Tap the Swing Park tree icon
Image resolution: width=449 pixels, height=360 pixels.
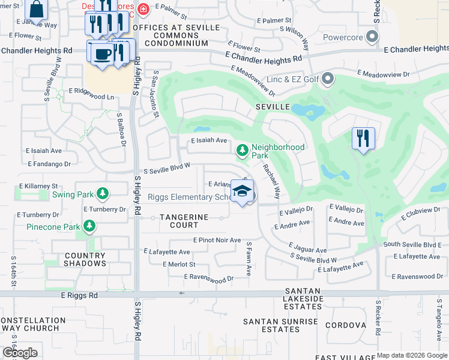point(103,193)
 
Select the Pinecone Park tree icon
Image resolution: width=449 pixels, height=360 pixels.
point(89,226)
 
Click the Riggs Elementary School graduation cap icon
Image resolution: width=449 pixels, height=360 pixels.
point(242,191)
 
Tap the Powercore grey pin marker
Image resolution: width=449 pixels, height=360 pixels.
point(373,37)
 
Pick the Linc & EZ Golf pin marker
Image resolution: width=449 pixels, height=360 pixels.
point(328,78)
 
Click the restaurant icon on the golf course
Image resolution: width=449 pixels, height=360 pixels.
point(363,138)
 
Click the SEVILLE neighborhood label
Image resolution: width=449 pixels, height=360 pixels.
point(273,106)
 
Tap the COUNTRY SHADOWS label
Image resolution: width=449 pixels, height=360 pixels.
point(85,259)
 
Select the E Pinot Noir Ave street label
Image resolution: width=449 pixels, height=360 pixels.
point(217,239)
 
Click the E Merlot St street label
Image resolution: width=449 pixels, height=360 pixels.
point(179,264)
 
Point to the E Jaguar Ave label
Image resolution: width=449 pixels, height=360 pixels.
point(307,248)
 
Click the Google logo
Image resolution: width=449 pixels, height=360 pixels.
point(20,353)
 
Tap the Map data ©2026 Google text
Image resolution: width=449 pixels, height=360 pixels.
point(411,355)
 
